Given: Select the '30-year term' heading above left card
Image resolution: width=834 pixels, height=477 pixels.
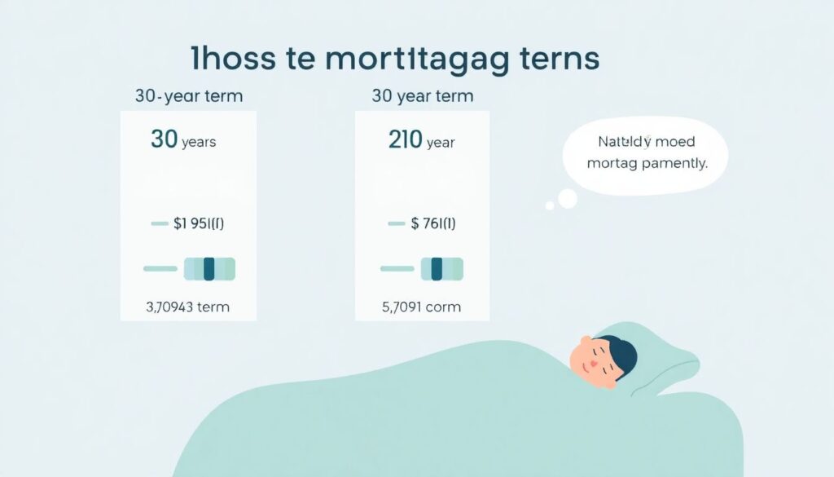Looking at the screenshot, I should (189, 96).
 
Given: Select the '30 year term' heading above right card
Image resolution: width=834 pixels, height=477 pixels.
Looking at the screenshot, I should (422, 96).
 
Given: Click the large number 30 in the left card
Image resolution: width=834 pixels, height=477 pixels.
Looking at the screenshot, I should (164, 140).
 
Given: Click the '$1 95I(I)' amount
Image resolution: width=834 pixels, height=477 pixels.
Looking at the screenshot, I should (200, 223).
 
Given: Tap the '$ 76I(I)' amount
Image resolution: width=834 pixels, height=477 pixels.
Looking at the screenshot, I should (433, 223).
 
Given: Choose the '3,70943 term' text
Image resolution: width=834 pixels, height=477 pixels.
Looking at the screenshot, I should (187, 307).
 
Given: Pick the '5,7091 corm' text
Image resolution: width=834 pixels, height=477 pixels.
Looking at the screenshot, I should (420, 307).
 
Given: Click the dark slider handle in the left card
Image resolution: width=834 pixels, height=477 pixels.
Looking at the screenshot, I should (209, 268).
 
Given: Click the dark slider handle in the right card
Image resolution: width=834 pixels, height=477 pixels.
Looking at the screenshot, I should (437, 268).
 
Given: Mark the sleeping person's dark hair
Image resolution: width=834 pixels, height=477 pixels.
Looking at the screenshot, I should (621, 354).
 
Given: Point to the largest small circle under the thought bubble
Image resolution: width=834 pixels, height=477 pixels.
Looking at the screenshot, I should (567, 198).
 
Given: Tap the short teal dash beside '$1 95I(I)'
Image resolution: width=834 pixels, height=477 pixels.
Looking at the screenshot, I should (160, 223).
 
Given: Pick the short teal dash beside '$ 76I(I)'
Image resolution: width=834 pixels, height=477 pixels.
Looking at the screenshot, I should (397, 223).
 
